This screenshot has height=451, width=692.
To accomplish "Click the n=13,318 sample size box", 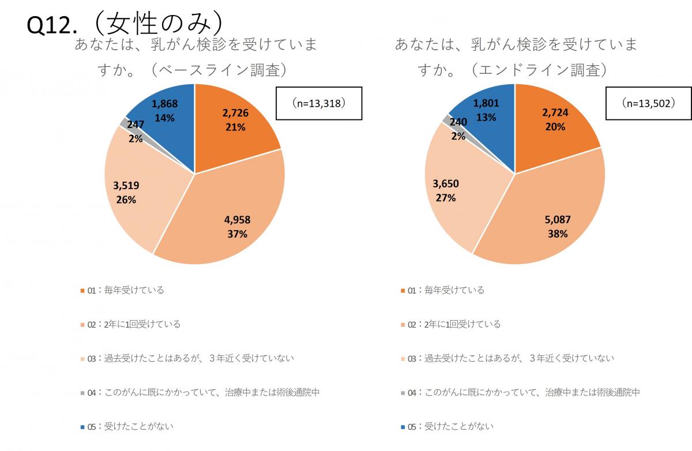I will (319, 103).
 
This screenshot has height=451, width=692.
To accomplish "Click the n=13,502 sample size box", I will (648, 103).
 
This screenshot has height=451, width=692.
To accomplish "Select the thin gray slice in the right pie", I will (446, 119).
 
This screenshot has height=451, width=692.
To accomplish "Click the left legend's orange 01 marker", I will (82, 291).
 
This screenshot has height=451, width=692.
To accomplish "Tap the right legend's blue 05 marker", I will (403, 427).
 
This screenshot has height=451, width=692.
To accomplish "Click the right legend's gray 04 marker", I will (403, 393).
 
